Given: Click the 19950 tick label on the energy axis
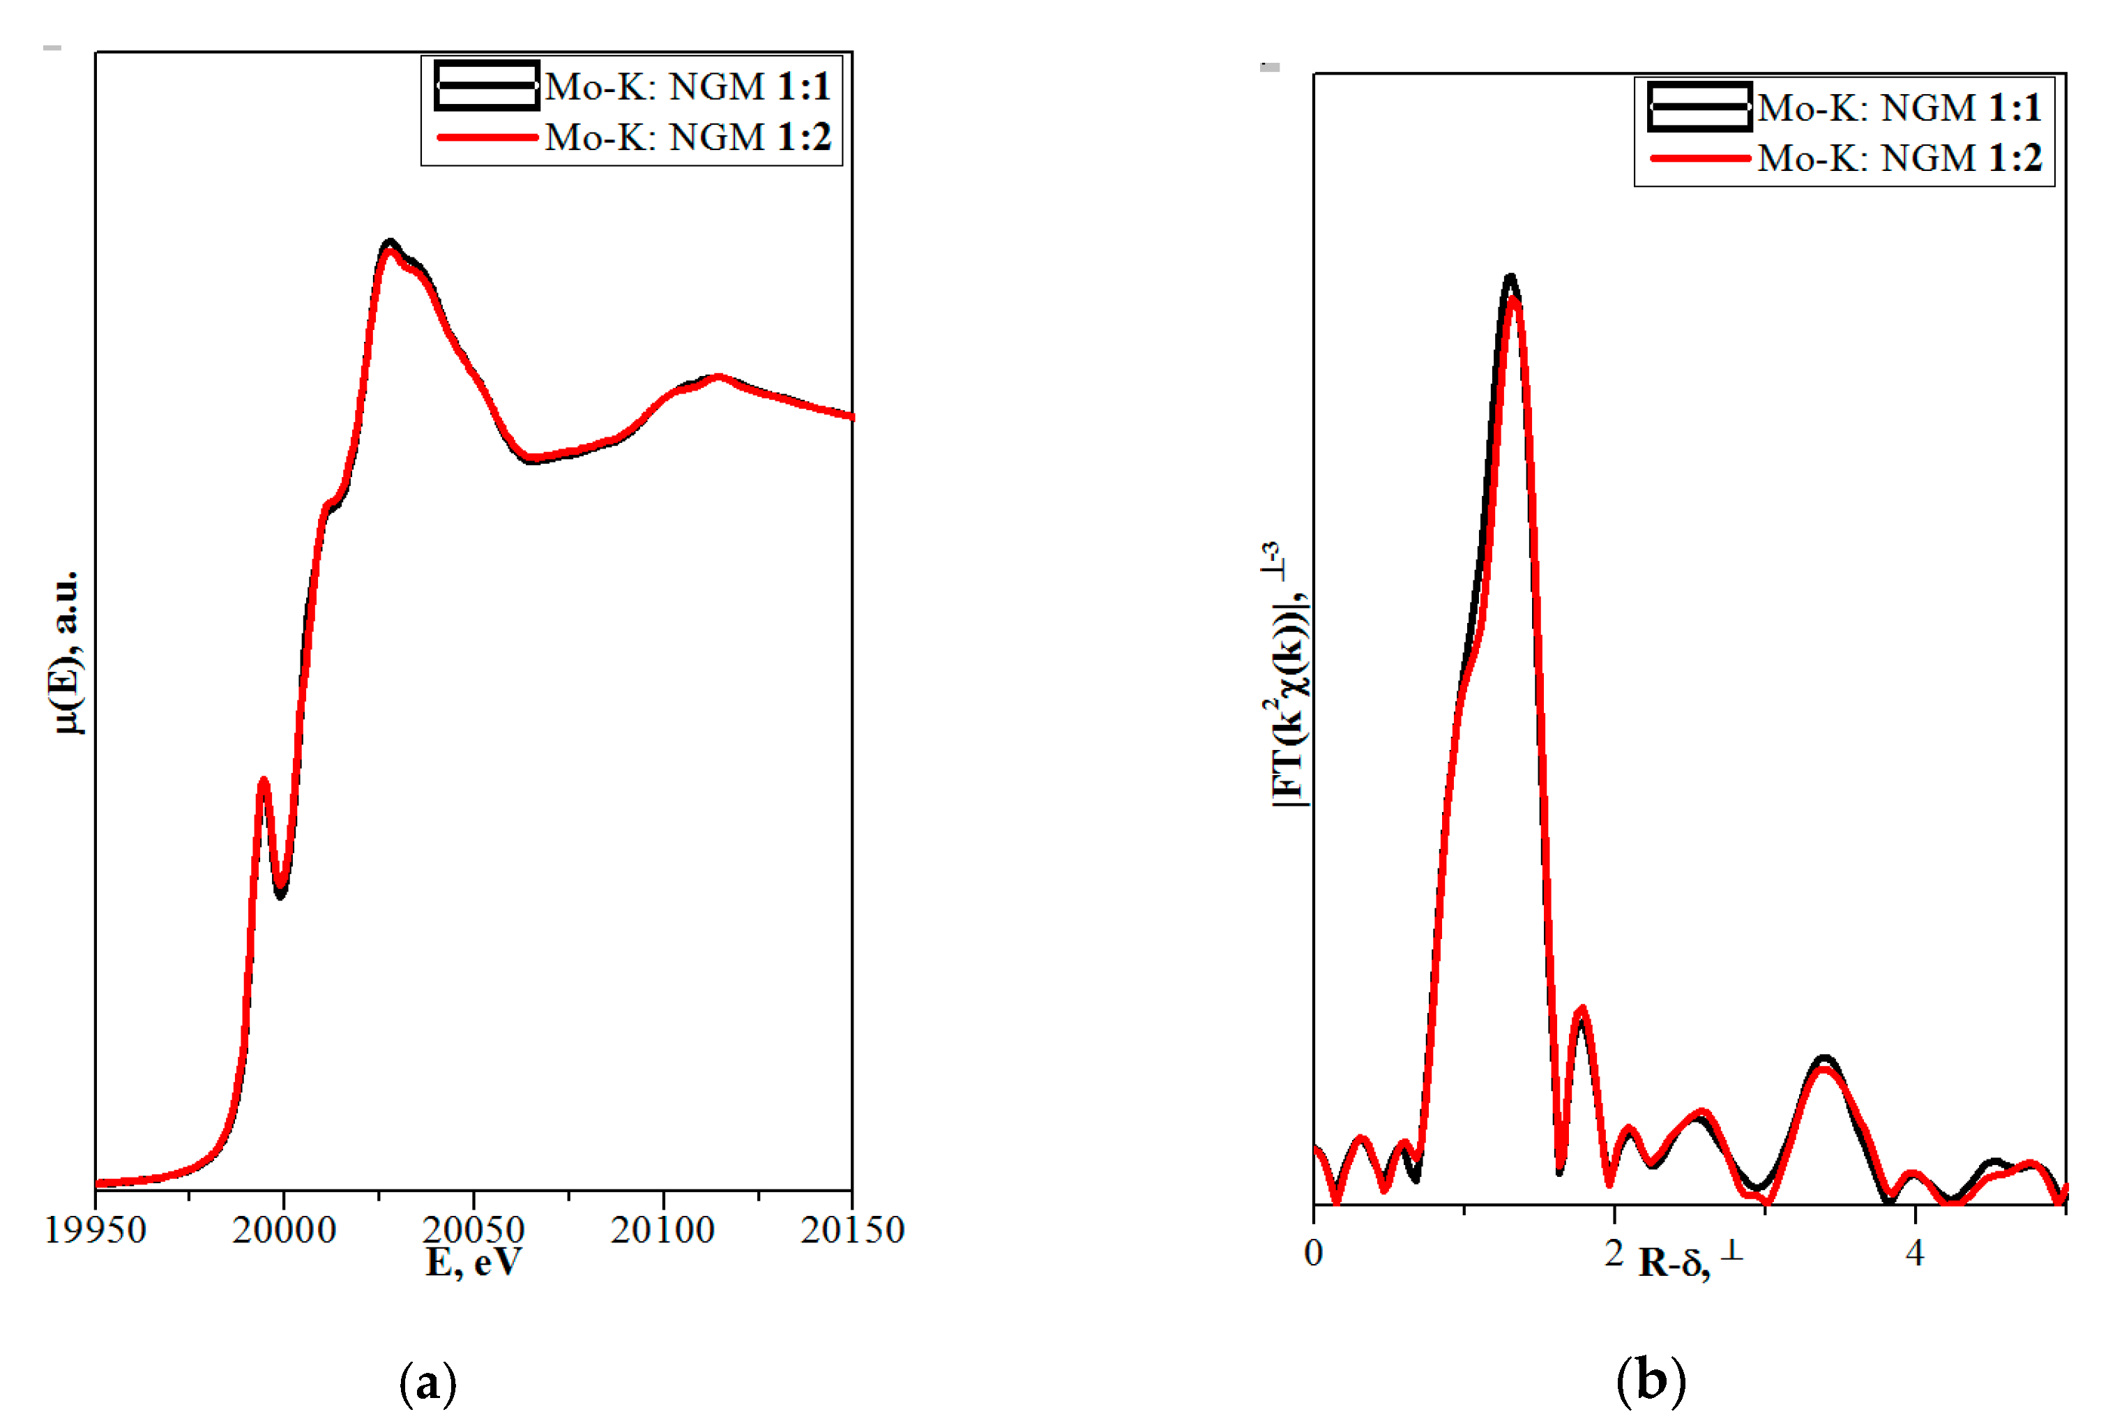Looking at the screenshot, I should pyautogui.click(x=96, y=1230).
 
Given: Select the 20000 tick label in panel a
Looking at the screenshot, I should pyautogui.click(x=284, y=1230).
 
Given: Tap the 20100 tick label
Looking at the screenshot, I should pyautogui.click(x=662, y=1230).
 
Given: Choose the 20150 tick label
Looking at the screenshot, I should pyautogui.click(x=851, y=1230).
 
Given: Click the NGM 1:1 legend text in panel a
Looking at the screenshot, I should pyautogui.click(x=688, y=87).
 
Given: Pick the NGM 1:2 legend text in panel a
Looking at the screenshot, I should pyautogui.click(x=688, y=137).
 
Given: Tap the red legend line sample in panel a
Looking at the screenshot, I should pyautogui.click(x=487, y=137).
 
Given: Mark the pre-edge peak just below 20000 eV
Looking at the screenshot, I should pyautogui.click(x=263, y=780).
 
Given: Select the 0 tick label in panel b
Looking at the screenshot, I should pyautogui.click(x=1314, y=1253).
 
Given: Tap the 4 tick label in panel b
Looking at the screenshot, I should pyautogui.click(x=1915, y=1253).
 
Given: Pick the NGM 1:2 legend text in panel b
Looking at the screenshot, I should pyautogui.click(x=1900, y=158).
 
